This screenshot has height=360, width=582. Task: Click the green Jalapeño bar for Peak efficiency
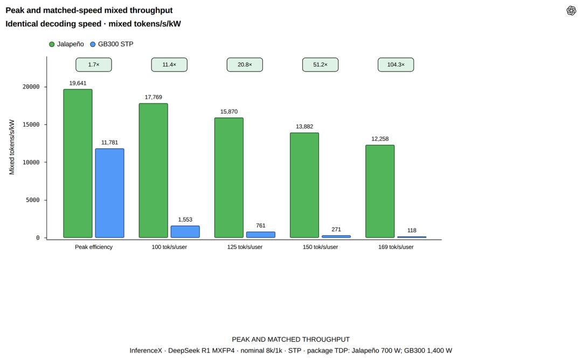click(78, 163)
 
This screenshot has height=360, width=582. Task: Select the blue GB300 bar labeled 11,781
click(109, 193)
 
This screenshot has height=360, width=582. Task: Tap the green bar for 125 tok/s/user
click(228, 177)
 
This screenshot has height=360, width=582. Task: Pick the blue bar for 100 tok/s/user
click(185, 232)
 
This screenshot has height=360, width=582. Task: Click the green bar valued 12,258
click(380, 191)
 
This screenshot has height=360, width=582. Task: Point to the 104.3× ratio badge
click(396, 65)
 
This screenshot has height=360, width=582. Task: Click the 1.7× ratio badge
click(94, 65)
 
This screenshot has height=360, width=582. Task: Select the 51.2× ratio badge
click(320, 65)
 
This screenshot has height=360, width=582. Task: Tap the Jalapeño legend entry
click(66, 44)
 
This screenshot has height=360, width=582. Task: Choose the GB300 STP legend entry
click(112, 44)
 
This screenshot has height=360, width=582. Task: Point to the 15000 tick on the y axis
click(31, 124)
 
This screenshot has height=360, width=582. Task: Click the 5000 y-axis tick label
click(33, 200)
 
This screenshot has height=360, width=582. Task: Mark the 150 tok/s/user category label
click(320, 247)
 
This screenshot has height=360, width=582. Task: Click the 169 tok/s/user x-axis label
click(396, 247)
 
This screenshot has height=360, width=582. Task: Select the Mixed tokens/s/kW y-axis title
click(12, 147)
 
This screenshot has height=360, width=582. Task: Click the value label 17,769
click(153, 97)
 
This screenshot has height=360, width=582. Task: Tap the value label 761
click(261, 226)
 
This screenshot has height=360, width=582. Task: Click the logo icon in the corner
click(571, 10)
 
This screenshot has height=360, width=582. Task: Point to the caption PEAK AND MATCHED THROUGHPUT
click(290, 339)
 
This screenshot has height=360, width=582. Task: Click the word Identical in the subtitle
click(22, 24)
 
